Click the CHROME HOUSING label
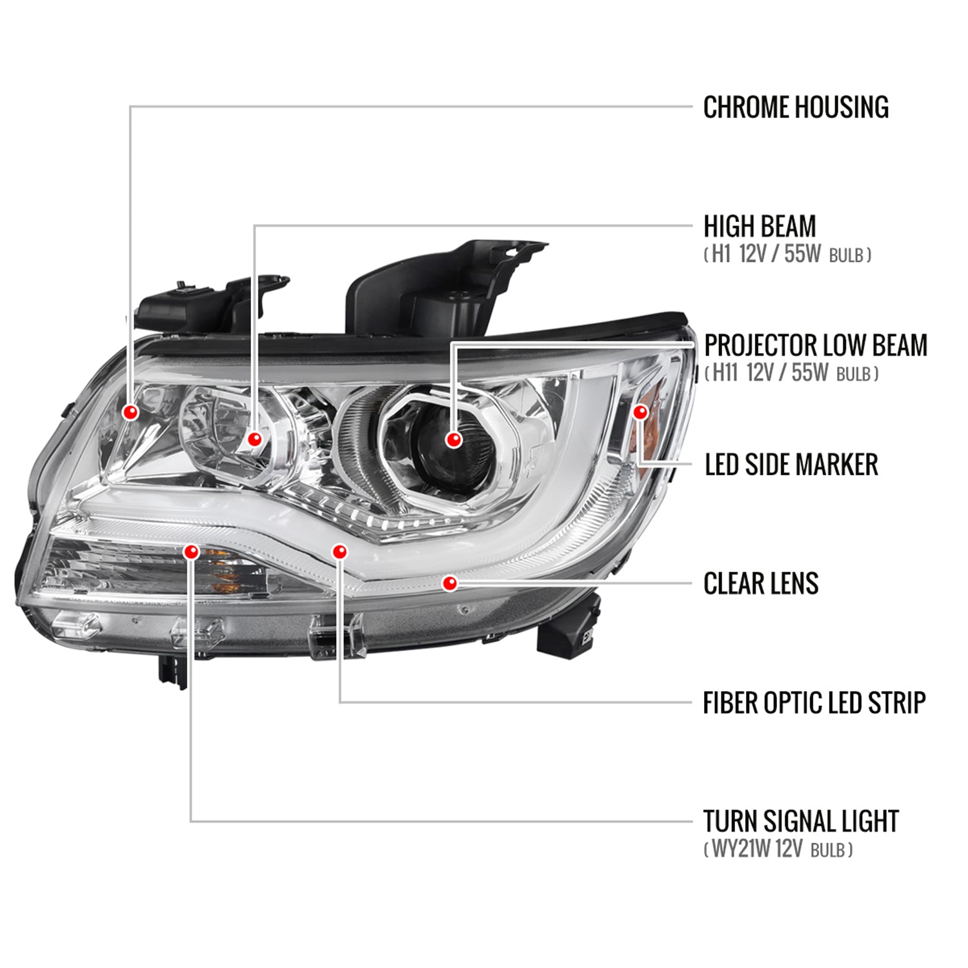pos(795,107)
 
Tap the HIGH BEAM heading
pos(759,227)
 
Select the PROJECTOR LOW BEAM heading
pos(815,345)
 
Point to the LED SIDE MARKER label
pos(791,465)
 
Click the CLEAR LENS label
pos(760,583)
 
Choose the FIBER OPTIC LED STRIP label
pos(814,702)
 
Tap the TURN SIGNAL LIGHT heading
pos(800,821)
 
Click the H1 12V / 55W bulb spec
pos(787,255)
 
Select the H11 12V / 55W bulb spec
pos(791,374)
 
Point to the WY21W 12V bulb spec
pos(778,849)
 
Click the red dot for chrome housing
pos(130,412)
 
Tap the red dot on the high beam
pos(255,439)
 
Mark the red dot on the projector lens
pos(454,439)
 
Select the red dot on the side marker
pos(640,412)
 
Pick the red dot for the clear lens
pos(450,583)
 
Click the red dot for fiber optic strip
pos(339,551)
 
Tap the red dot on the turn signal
pos(191,551)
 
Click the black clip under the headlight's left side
pos(173,671)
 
